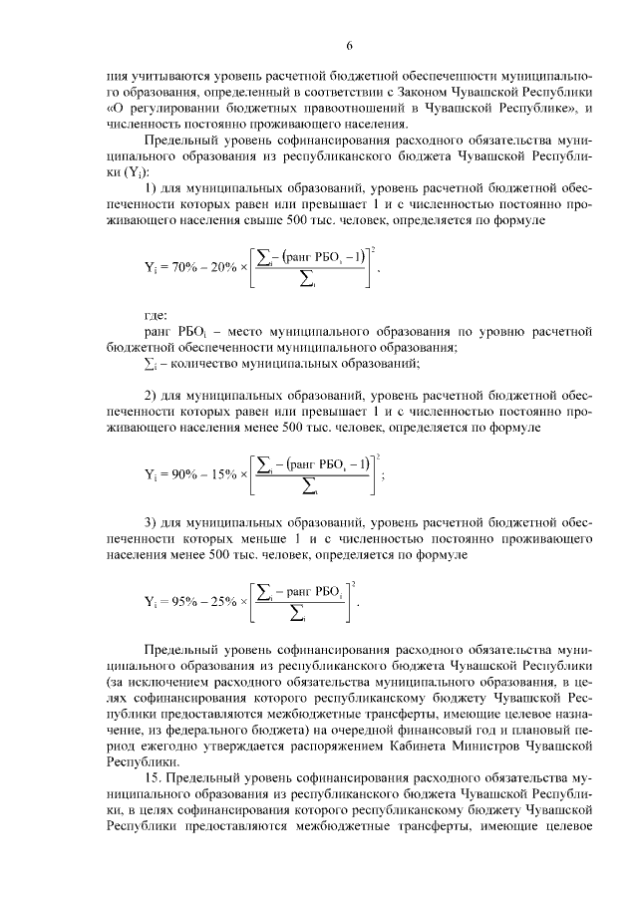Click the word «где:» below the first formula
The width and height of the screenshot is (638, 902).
coord(157,315)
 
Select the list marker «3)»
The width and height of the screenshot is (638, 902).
coord(153,521)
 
